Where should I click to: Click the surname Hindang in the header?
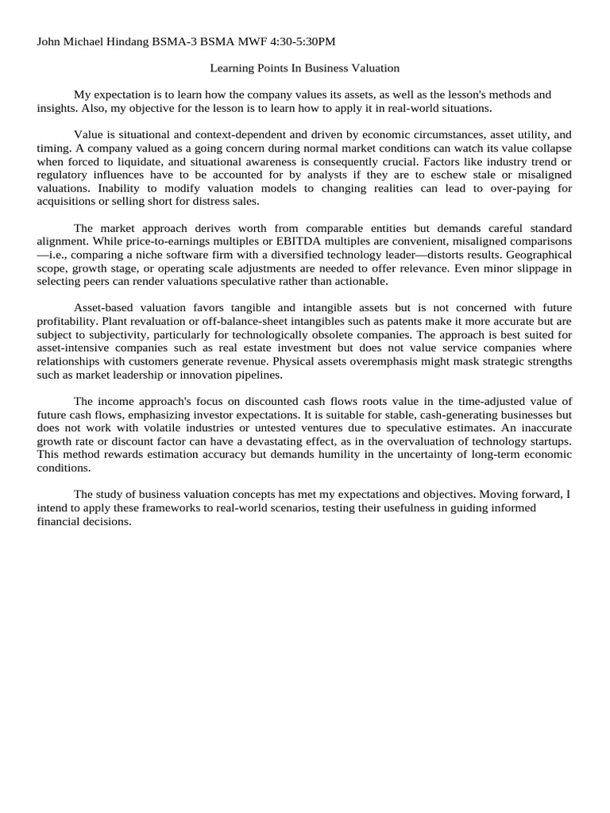coord(127,41)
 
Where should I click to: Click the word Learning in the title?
coord(232,69)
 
